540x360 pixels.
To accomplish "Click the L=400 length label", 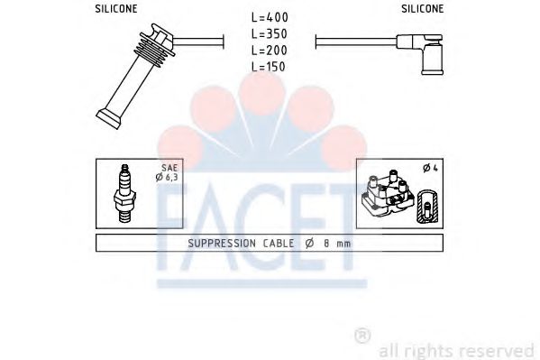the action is pos(270,17).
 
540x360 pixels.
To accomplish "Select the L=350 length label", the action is pos(270,33).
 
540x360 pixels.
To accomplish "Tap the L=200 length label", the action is pos(270,51).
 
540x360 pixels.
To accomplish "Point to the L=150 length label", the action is pos(269,66).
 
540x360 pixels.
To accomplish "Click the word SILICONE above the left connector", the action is pos(116,9).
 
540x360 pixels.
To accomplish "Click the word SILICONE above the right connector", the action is pos(423,9).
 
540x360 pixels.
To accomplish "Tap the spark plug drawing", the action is pos(124,193).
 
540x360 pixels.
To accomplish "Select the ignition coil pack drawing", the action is pos(388,194).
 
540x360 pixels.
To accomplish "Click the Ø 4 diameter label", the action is pos(431,168).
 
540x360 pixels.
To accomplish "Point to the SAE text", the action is pos(169,168).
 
